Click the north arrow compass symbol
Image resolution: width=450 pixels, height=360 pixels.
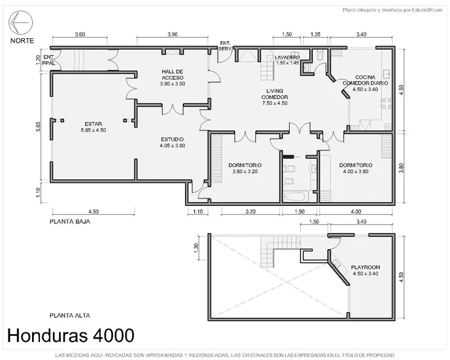21,22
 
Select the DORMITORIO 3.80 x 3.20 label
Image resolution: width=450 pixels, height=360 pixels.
245,168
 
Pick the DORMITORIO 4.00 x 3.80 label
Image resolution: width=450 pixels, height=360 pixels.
355,168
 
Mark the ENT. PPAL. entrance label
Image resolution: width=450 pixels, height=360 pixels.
49,60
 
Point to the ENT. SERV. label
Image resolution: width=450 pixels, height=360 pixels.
226,46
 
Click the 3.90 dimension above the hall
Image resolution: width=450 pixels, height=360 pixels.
173,34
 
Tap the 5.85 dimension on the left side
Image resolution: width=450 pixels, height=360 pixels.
38,127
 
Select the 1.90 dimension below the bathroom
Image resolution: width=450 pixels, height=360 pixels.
299,211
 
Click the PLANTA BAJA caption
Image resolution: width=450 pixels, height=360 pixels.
70,222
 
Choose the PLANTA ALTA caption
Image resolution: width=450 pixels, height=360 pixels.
70,316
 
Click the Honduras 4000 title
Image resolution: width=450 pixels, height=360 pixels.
71,335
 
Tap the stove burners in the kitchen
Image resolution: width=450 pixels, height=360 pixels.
386,103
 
